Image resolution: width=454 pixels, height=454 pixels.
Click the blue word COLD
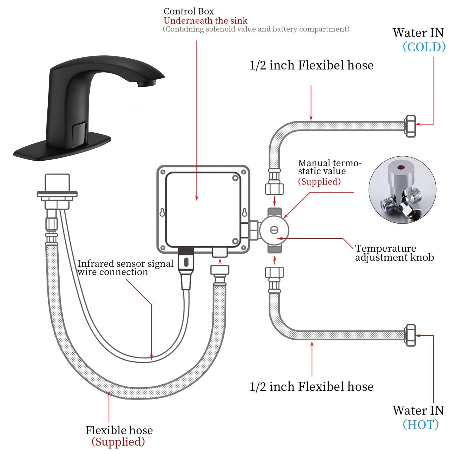[x=424, y=47]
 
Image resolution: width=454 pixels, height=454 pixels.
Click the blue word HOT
[x=421, y=425]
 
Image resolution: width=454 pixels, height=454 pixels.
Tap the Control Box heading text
[x=189, y=11]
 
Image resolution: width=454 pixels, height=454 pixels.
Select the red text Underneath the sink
[x=205, y=21]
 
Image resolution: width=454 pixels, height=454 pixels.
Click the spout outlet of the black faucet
[x=146, y=83]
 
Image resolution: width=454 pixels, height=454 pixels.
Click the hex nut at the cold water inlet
[x=410, y=126]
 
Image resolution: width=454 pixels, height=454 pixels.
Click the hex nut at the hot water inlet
[x=410, y=335]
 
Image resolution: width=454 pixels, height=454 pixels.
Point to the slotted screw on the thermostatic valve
[x=274, y=230]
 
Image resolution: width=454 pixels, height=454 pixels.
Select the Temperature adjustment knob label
[x=394, y=253]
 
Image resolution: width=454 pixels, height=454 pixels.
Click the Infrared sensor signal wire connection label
[x=125, y=268]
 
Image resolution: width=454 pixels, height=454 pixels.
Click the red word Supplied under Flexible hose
[x=118, y=442]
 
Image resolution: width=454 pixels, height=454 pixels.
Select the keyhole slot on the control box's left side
[x=162, y=213]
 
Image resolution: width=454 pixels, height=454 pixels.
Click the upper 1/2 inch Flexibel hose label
[x=311, y=65]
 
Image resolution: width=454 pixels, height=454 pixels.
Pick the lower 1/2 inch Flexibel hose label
[x=311, y=387]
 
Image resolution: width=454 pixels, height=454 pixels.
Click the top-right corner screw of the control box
[x=243, y=172]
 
